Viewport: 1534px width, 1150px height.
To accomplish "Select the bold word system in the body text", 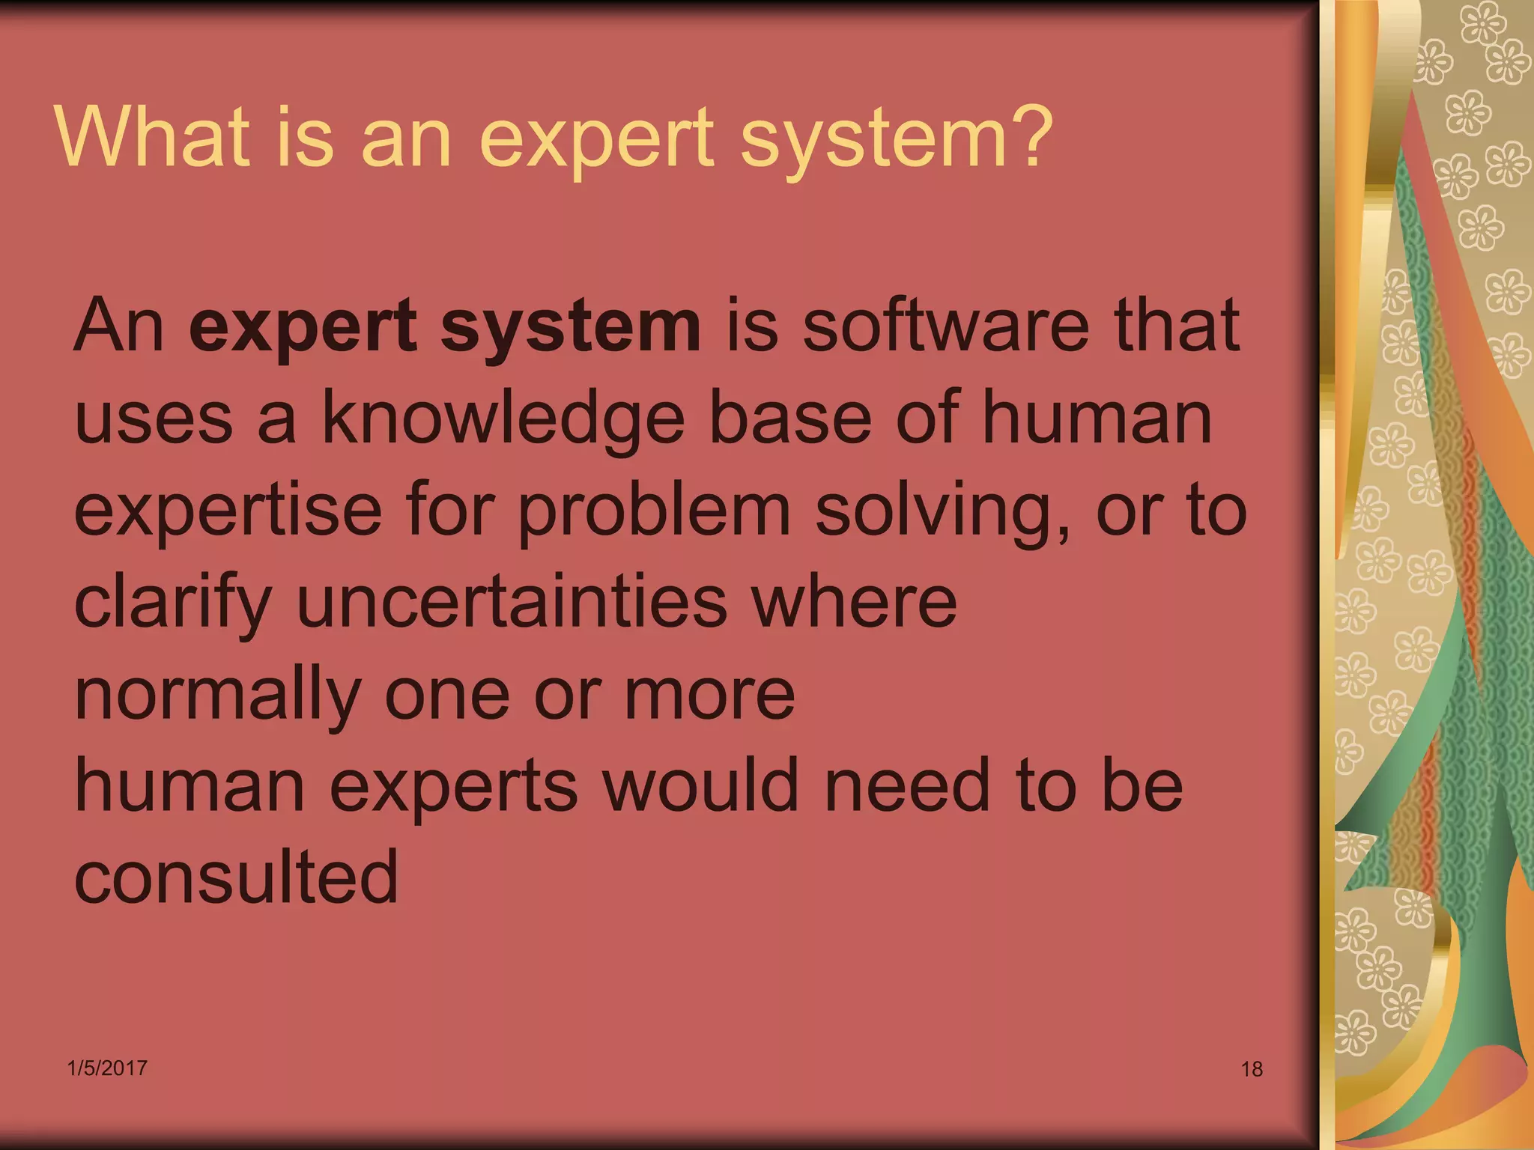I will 570,327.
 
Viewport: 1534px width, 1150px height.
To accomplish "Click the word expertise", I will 228,513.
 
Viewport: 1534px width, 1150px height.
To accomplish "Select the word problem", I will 654,513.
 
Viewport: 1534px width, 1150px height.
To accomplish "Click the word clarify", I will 173,604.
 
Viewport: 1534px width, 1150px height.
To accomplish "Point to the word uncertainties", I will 512,603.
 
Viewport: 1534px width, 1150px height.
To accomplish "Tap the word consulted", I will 237,877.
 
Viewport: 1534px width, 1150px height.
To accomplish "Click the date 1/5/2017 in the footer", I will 107,1068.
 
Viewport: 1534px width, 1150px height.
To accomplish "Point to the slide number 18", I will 1252,1069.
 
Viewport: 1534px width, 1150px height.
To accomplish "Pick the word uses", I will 154,419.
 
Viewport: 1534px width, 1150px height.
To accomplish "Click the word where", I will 854,603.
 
